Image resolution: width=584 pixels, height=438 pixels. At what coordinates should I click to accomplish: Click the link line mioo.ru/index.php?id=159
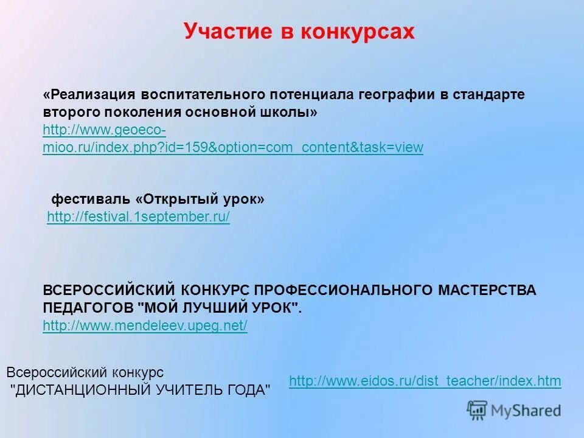tap(233, 147)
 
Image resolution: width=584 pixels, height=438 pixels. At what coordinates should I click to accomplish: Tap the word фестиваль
tap(91, 200)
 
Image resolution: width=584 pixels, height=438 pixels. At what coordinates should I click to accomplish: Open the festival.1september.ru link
tap(138, 217)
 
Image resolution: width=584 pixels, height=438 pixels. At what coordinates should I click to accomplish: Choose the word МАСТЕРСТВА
tap(487, 290)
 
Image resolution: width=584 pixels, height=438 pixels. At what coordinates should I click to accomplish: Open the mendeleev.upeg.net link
tap(145, 326)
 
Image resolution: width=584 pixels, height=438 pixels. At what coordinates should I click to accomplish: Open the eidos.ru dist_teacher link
tap(425, 381)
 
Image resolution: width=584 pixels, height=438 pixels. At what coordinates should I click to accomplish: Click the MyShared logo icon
tap(478, 410)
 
